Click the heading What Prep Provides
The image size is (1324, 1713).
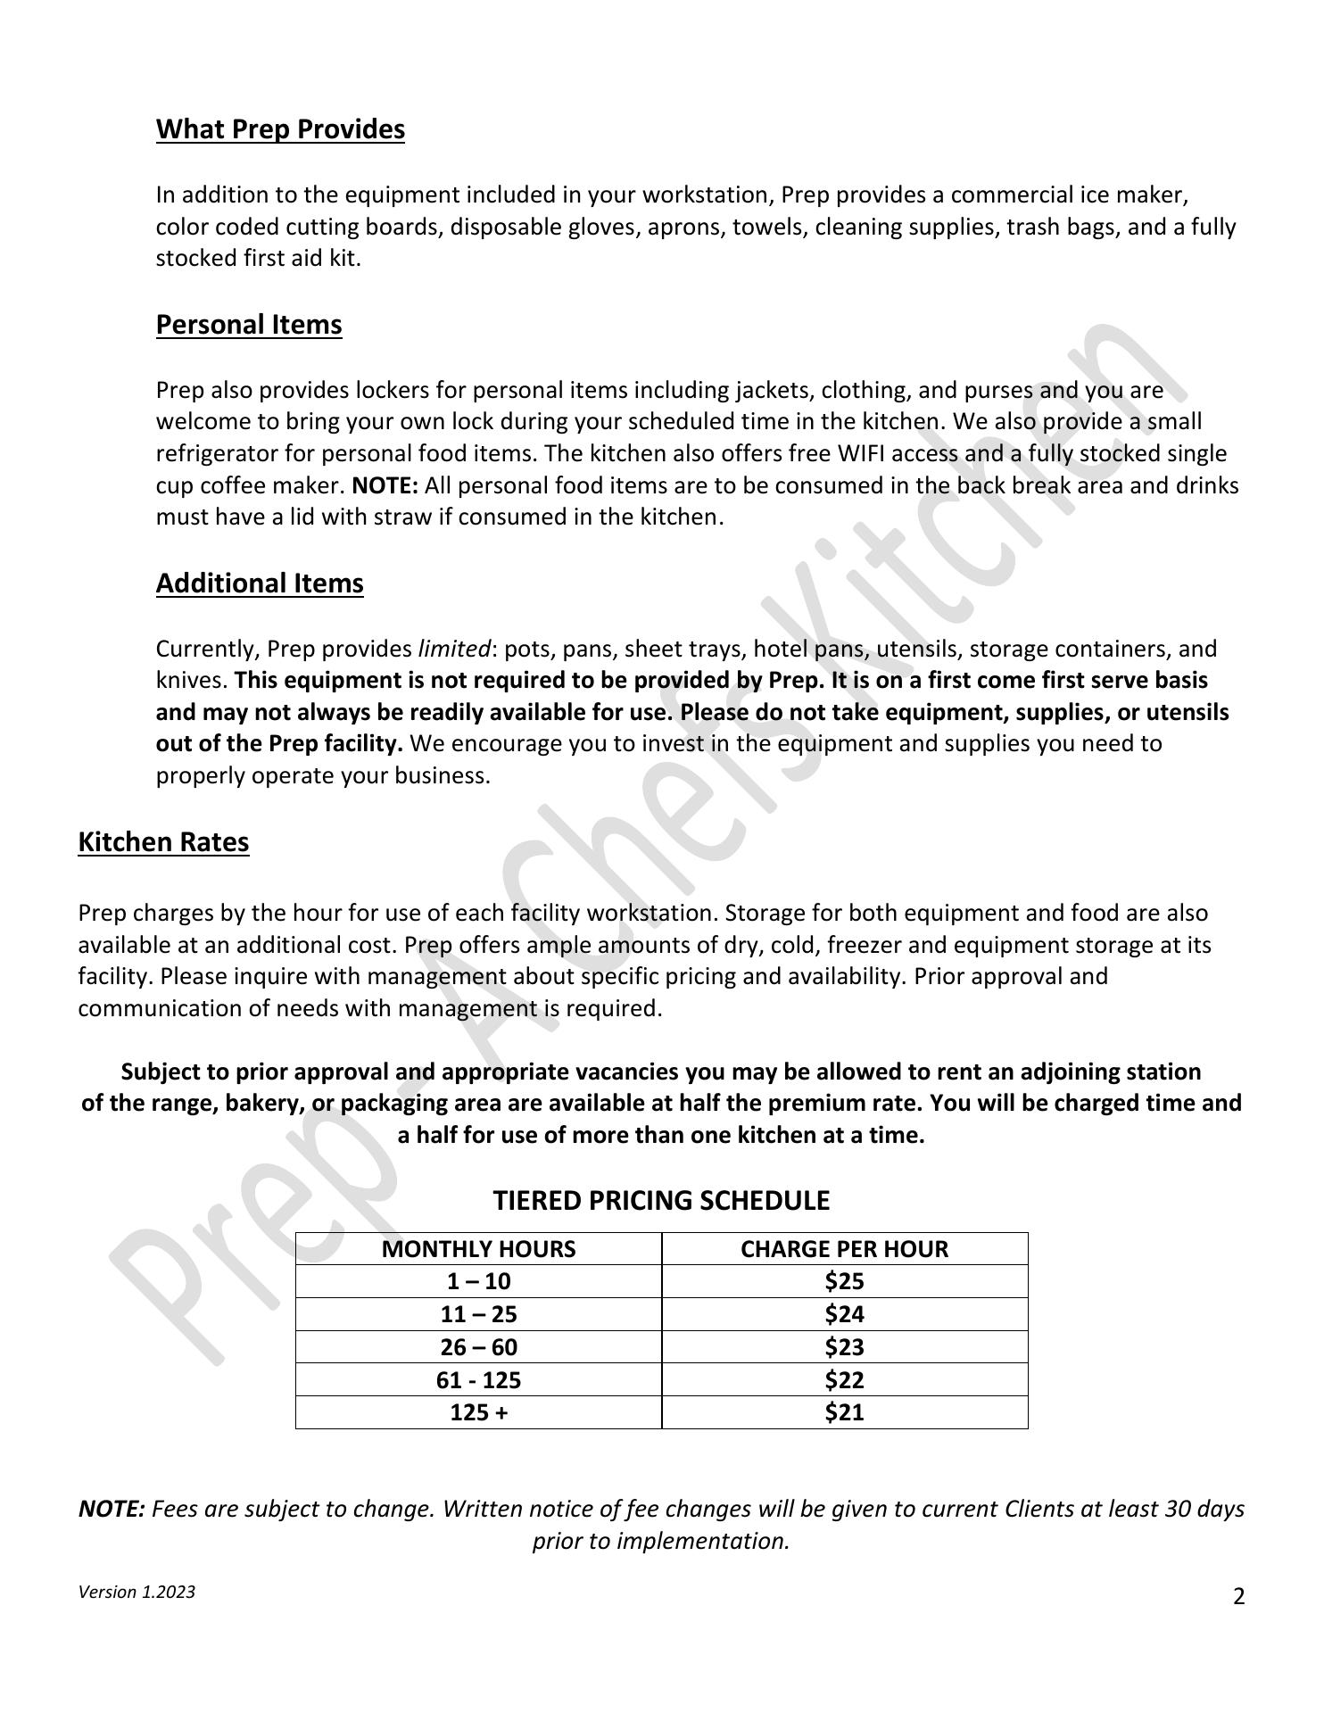click(280, 129)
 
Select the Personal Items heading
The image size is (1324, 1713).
click(249, 325)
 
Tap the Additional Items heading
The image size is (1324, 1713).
click(260, 583)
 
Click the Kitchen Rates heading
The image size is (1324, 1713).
click(163, 842)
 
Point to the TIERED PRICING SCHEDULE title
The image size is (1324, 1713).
click(661, 1201)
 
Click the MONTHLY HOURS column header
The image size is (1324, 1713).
click(478, 1249)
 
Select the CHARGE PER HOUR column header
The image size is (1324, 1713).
click(844, 1249)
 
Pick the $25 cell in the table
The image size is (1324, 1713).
click(844, 1282)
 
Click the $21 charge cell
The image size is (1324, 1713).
click(844, 1412)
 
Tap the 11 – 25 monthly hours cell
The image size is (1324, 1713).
click(478, 1314)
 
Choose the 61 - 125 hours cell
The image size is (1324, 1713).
click(478, 1380)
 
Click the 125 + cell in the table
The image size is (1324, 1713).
click(478, 1412)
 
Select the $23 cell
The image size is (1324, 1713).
click(844, 1347)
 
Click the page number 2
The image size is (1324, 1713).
click(1238, 1597)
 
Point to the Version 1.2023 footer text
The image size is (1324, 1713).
click(137, 1593)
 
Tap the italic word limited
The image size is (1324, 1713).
click(454, 649)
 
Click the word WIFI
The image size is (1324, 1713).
click(861, 454)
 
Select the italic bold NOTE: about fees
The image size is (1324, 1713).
click(112, 1510)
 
